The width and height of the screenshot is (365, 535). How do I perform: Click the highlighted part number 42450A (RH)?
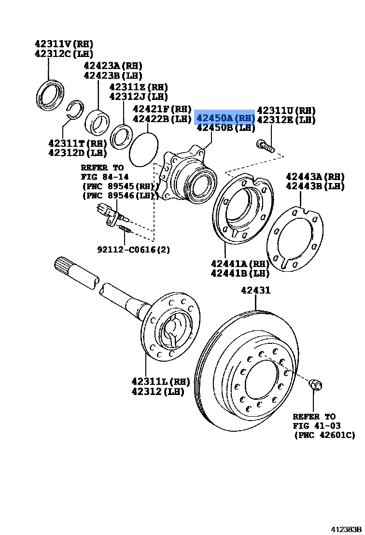[225, 117]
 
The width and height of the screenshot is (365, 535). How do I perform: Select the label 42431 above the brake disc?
[256, 291]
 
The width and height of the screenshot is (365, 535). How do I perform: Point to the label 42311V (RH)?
[64, 43]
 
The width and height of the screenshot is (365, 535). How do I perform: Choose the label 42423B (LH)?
[113, 76]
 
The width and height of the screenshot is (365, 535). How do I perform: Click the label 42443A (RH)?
[315, 176]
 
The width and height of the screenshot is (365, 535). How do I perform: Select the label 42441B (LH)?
[240, 274]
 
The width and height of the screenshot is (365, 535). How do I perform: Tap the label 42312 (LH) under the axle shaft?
[158, 392]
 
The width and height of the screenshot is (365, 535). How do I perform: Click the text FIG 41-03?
[316, 425]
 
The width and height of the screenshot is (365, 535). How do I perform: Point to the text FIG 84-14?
[105, 177]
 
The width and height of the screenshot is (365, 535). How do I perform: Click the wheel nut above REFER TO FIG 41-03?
[315, 384]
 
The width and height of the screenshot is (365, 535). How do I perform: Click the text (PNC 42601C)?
[324, 435]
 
